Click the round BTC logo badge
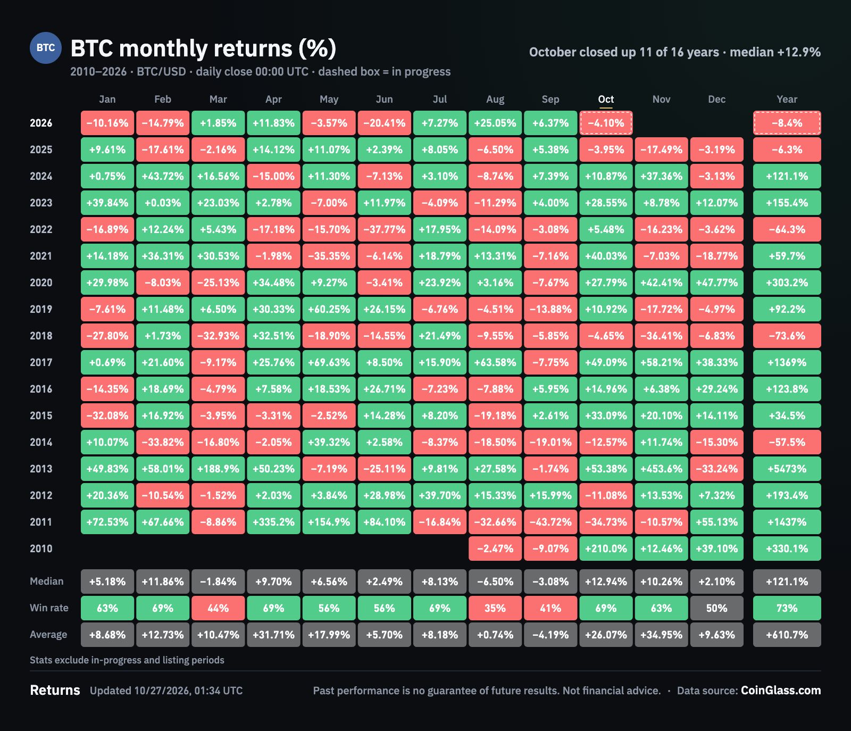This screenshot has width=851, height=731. tap(46, 48)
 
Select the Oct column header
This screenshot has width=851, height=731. tap(606, 99)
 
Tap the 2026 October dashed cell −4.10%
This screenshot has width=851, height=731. tap(606, 123)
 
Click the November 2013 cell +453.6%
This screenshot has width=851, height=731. tap(661, 469)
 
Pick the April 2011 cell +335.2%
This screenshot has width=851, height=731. tap(273, 522)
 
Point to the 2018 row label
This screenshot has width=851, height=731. tap(41, 336)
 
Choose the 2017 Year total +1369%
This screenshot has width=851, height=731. tap(787, 362)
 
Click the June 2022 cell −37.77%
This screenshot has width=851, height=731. tap(384, 229)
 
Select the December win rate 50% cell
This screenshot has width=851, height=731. tap(716, 608)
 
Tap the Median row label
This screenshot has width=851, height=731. tap(46, 582)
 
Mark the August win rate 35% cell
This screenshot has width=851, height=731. tap(495, 608)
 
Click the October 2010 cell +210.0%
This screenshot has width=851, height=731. tap(606, 549)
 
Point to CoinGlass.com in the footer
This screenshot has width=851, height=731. tap(781, 691)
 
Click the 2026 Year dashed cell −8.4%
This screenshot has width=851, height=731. tap(787, 123)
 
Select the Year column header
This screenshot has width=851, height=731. tap(787, 99)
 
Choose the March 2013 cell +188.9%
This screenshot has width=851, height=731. tap(218, 469)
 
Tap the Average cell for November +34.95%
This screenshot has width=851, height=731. tap(661, 635)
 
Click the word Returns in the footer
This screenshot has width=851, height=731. tap(55, 691)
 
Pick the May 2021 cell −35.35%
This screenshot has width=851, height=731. tap(329, 256)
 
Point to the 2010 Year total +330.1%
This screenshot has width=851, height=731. tap(787, 549)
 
